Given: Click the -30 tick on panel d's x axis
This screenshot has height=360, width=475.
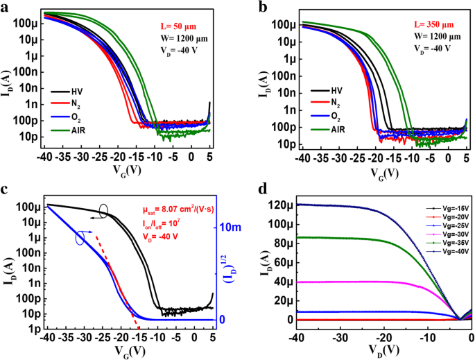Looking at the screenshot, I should [x=339, y=337].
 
